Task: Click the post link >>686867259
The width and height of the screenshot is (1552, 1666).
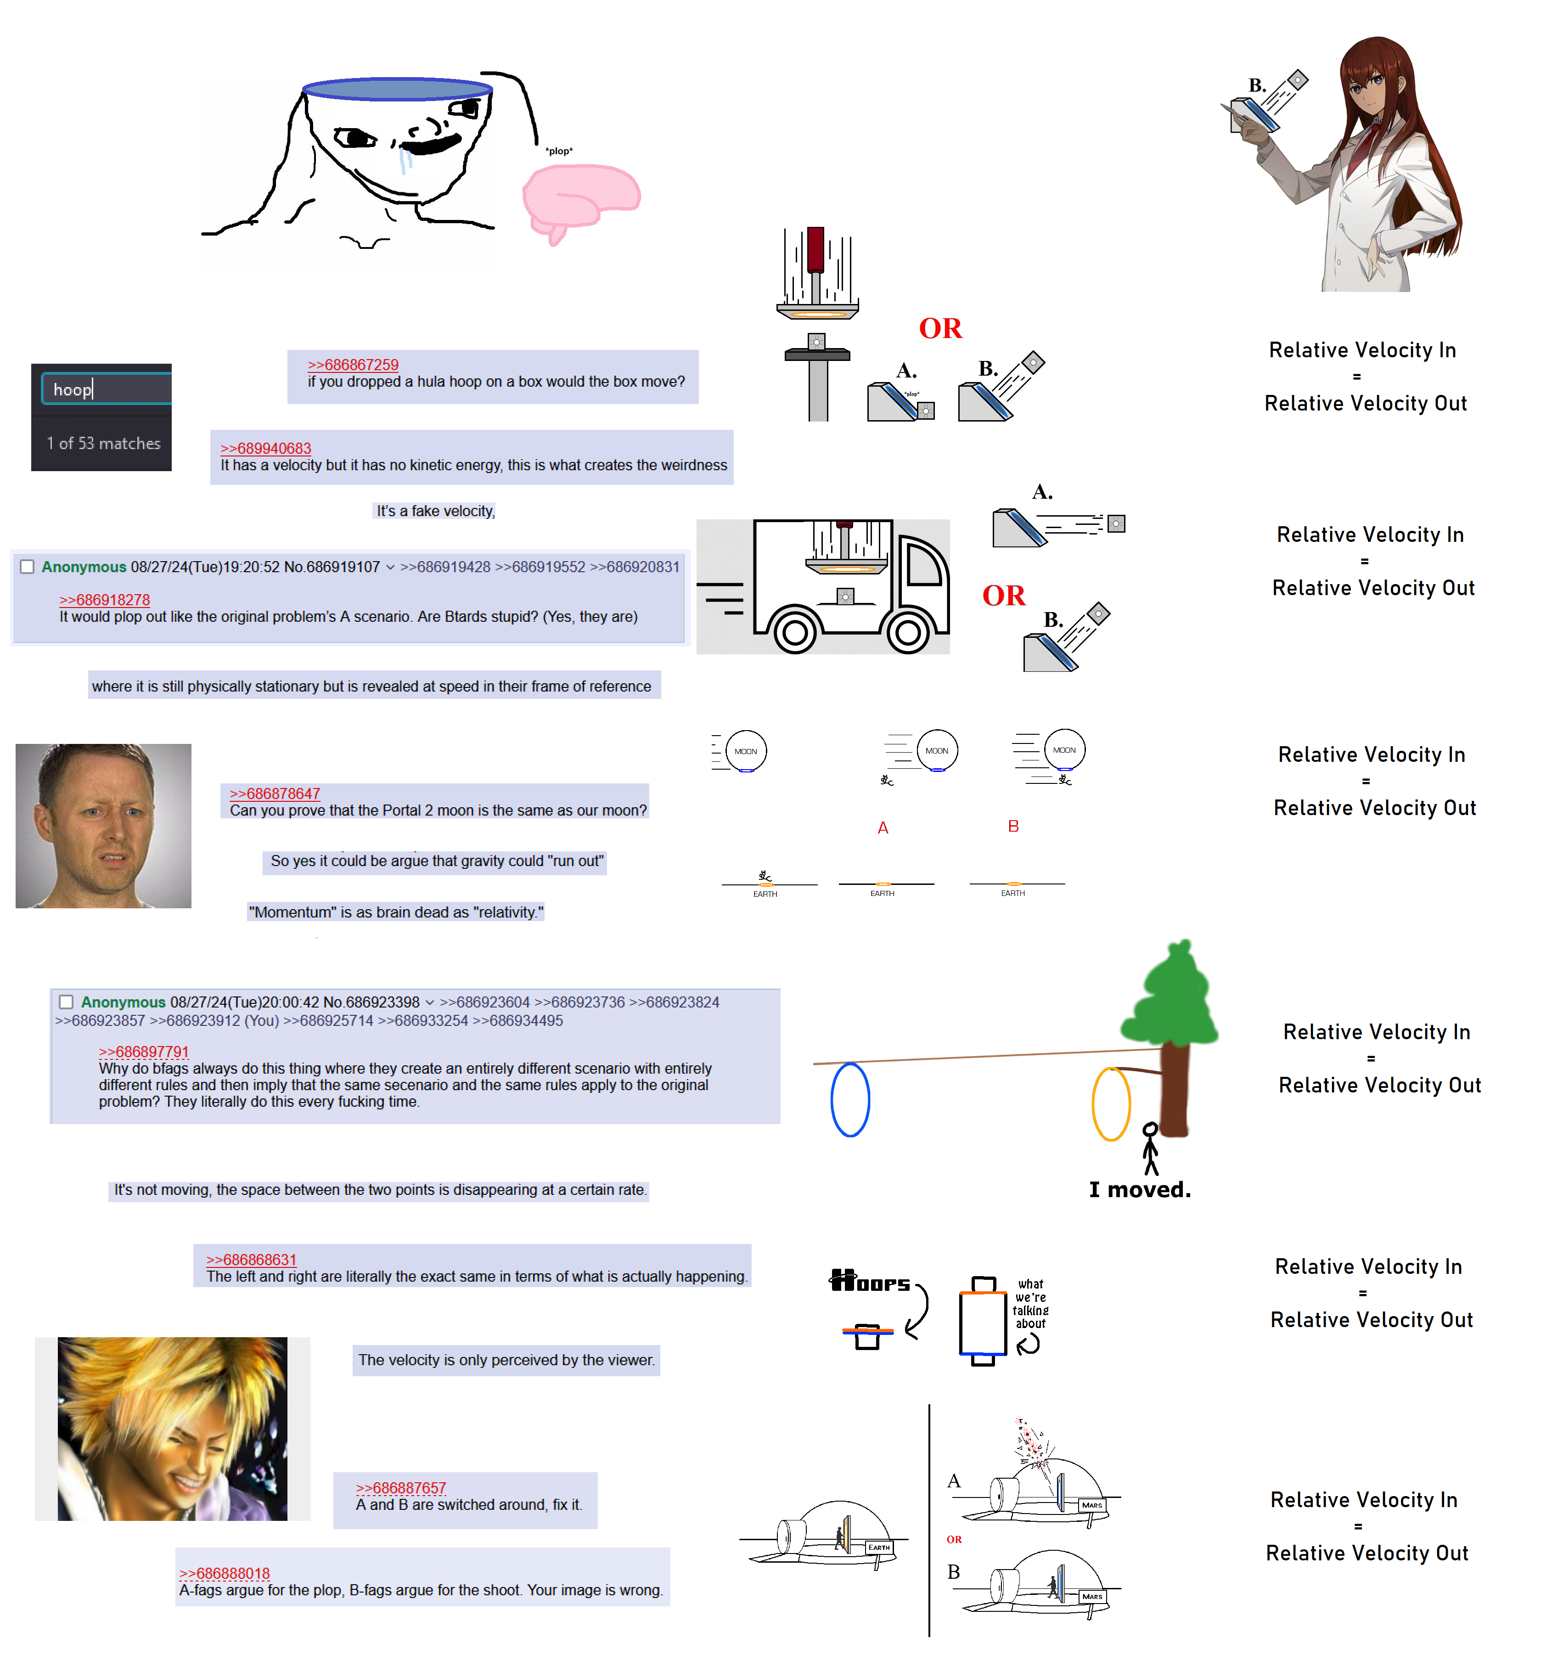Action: [352, 365]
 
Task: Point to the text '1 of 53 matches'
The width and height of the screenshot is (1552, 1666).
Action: [103, 443]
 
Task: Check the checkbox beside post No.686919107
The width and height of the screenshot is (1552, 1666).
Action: [27, 567]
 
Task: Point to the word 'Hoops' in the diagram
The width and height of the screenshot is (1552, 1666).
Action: [869, 1281]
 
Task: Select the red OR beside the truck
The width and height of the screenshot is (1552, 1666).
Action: [1003, 596]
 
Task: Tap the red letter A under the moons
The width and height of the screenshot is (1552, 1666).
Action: [883, 828]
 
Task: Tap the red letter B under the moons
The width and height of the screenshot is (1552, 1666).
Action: [1013, 826]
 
